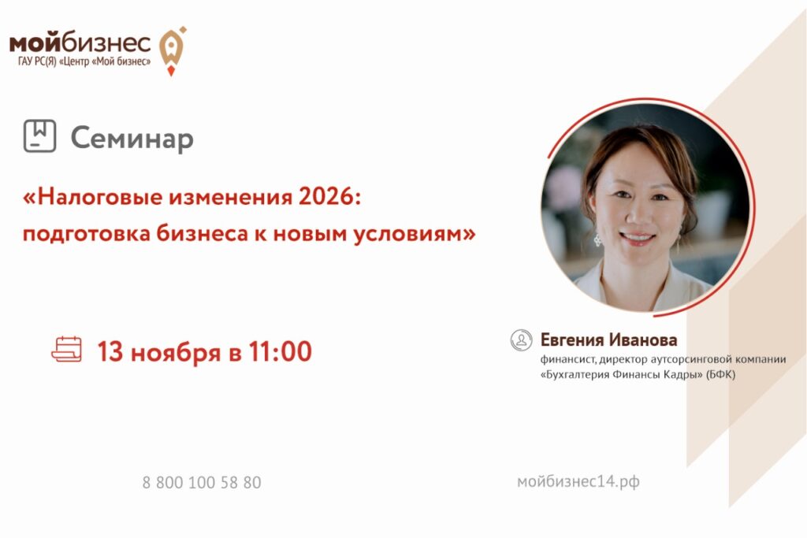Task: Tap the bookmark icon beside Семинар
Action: [39, 135]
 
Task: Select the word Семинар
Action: [132, 139]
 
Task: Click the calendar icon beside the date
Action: [66, 349]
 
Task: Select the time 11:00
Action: [281, 352]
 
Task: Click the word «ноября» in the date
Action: [176, 353]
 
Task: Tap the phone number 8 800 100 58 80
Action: [202, 482]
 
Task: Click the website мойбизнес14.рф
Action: [578, 482]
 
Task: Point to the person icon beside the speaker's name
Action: [521, 340]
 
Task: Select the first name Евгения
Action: [572, 340]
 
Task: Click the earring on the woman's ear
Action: [597, 239]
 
